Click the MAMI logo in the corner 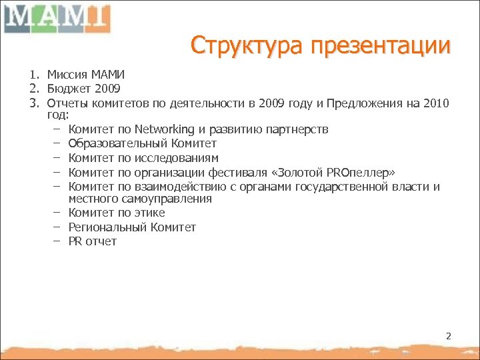(57, 18)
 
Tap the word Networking (164, 129)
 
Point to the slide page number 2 (448, 336)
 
